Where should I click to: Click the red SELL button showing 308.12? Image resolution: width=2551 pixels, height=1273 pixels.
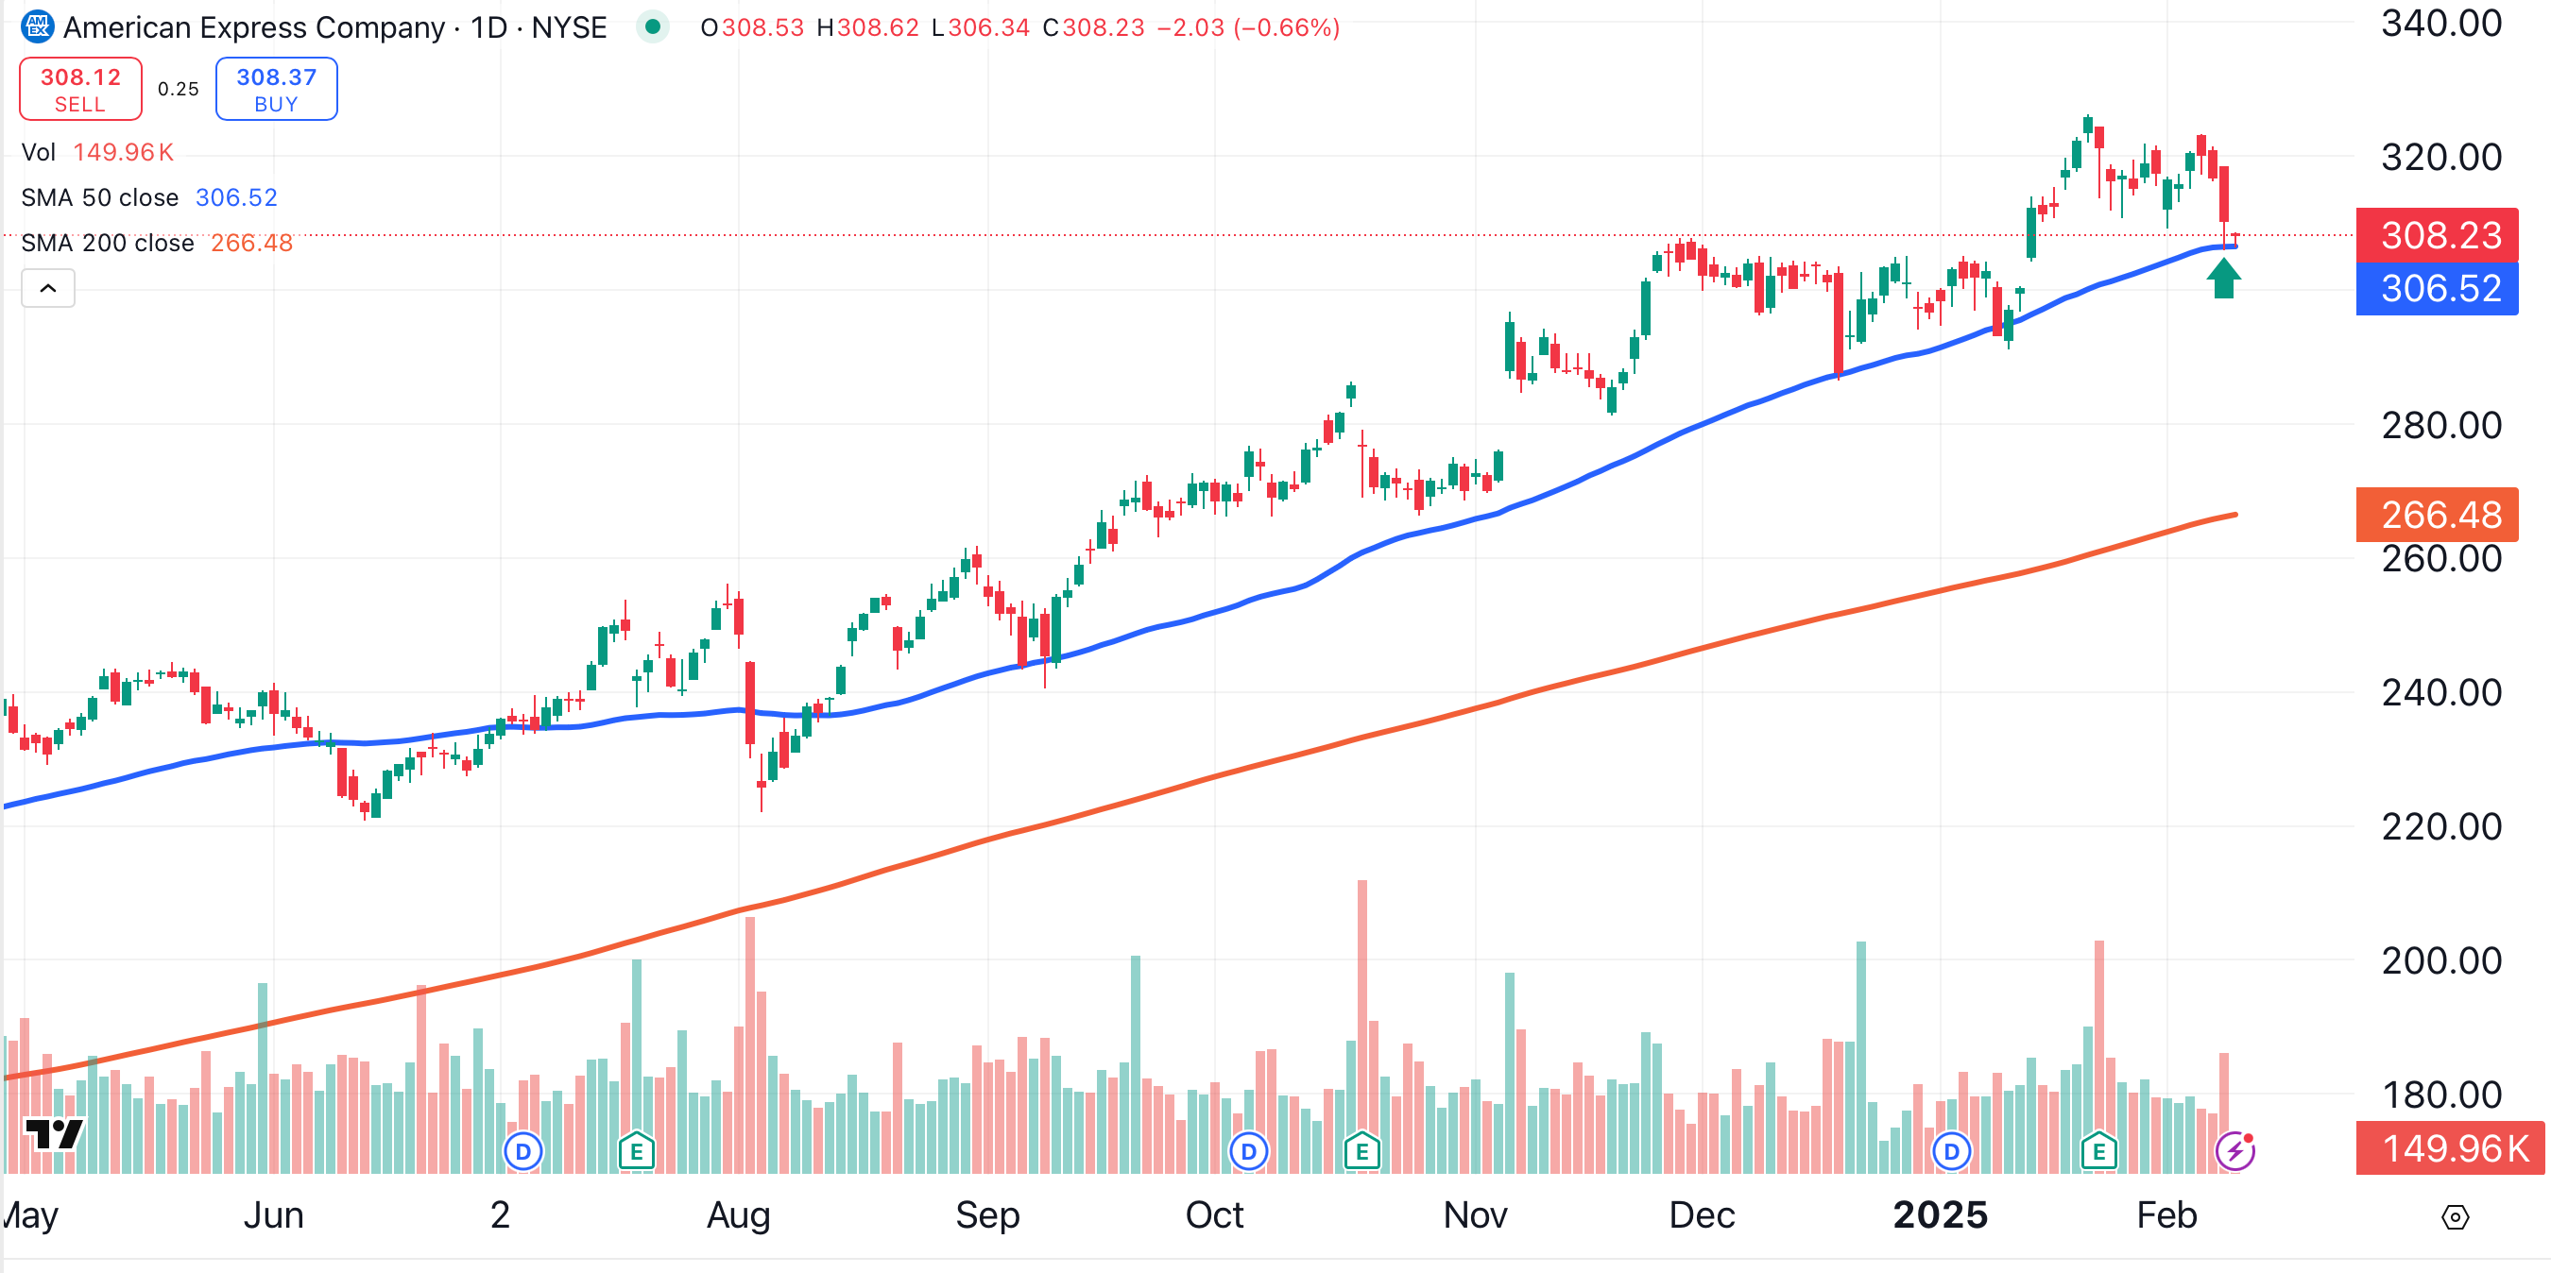point(80,89)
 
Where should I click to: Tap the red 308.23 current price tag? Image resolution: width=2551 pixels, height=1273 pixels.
point(2440,235)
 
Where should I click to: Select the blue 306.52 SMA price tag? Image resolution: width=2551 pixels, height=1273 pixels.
point(2440,289)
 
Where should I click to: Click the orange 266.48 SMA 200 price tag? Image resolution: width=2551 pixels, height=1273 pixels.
point(2440,515)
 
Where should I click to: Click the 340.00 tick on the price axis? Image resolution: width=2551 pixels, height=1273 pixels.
point(2441,24)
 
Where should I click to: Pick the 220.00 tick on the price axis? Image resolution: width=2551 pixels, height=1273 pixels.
point(2441,826)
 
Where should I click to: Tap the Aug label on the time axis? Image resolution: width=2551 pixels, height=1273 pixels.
point(738,1214)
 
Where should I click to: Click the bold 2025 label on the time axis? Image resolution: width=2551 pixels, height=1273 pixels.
point(1940,1214)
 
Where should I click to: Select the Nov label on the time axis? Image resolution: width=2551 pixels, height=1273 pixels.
point(1475,1214)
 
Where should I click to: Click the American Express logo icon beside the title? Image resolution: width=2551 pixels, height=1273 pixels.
point(38,26)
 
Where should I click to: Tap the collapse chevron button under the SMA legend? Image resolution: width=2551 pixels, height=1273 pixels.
point(47,288)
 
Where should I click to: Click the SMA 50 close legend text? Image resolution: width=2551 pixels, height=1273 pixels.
point(100,198)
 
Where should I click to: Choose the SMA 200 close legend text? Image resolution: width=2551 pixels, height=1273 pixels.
point(107,244)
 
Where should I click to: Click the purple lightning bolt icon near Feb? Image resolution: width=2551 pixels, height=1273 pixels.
point(2235,1151)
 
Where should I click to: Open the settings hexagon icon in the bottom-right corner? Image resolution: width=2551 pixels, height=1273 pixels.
point(2455,1216)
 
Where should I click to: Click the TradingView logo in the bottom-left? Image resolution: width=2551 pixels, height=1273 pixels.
point(55,1134)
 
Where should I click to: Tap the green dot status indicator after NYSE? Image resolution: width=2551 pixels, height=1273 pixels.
point(653,26)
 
